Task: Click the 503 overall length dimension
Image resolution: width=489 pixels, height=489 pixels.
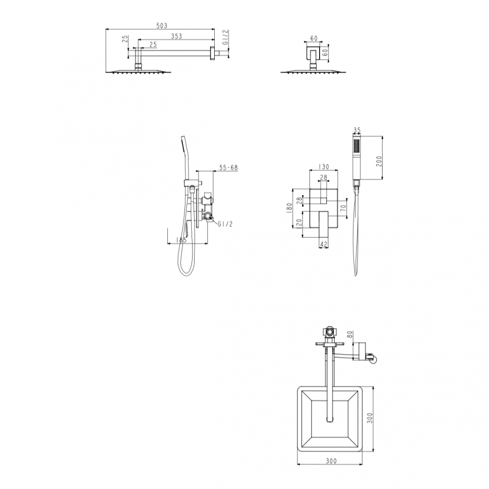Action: click(162, 26)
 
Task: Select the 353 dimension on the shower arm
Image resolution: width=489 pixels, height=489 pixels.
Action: click(176, 36)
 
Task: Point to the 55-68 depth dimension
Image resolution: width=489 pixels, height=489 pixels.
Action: click(228, 167)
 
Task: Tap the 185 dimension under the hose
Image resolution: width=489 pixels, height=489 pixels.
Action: click(181, 240)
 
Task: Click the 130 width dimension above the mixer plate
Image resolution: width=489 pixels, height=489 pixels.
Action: click(324, 167)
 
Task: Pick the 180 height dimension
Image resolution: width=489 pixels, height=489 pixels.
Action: click(289, 208)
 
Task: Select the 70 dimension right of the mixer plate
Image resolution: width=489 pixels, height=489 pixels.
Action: click(343, 208)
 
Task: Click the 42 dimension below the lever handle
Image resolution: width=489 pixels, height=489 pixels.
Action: click(324, 244)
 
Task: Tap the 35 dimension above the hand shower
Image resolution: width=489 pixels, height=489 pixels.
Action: click(357, 130)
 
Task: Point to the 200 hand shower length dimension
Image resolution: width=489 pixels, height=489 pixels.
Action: click(379, 161)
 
